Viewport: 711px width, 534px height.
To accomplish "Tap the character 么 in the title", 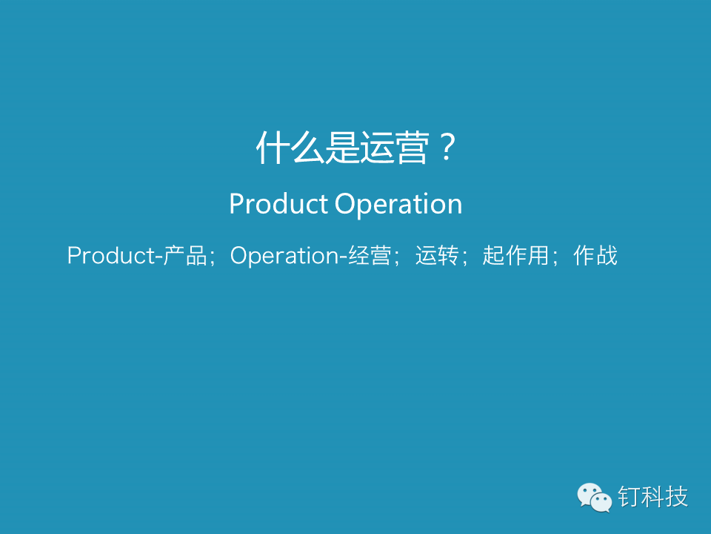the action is click(307, 148).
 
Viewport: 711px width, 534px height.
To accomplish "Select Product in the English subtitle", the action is click(278, 203).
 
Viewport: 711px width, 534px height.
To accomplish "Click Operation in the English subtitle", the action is click(398, 205).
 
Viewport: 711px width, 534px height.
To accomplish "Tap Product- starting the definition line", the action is click(115, 255).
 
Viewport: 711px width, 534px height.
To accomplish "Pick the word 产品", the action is click(185, 255).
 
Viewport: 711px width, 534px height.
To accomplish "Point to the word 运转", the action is click(437, 255).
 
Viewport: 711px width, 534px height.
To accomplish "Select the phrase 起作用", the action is click(515, 255).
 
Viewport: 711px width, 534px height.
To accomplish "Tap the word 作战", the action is click(595, 255).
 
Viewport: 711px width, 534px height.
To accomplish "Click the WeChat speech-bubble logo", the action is click(595, 497).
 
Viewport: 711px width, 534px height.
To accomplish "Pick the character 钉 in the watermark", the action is click(630, 497).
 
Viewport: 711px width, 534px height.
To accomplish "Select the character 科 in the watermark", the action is click(653, 497).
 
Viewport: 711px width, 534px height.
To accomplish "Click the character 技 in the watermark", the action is click(676, 497).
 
